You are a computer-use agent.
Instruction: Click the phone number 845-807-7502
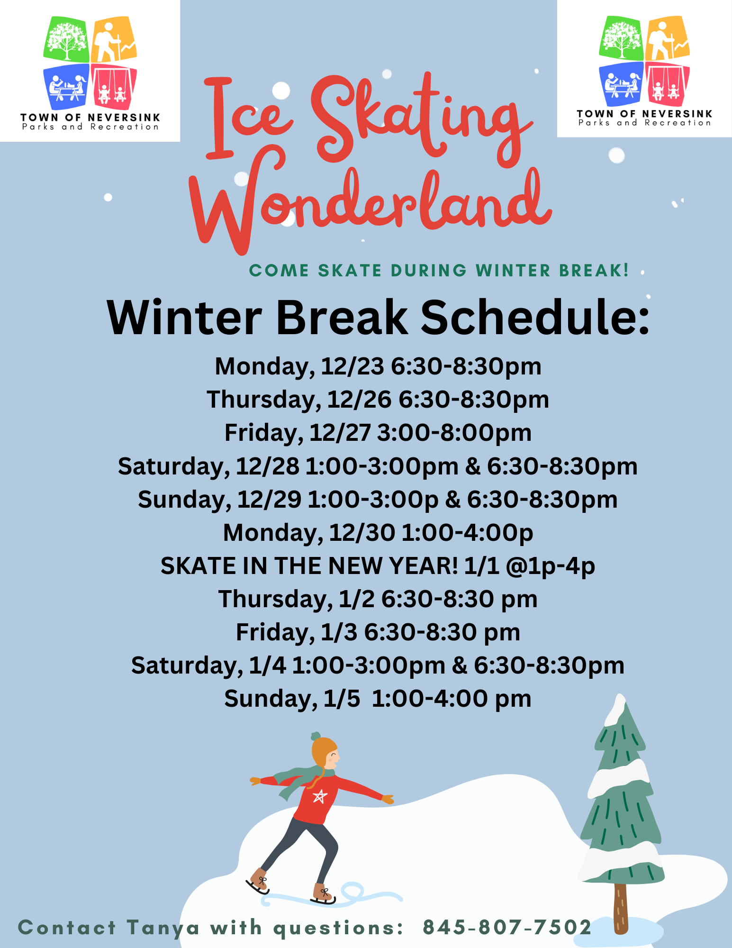point(507,928)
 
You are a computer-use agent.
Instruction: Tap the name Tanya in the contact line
point(163,928)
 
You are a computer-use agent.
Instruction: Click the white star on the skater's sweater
point(320,796)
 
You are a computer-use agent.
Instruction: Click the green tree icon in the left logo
point(66,39)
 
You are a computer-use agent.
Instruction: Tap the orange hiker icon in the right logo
point(668,38)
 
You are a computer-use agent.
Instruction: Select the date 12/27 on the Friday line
point(340,433)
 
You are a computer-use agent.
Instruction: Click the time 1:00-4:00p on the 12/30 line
point(467,533)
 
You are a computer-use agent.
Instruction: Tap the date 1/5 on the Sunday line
point(342,699)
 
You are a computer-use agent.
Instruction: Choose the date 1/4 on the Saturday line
point(268,665)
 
